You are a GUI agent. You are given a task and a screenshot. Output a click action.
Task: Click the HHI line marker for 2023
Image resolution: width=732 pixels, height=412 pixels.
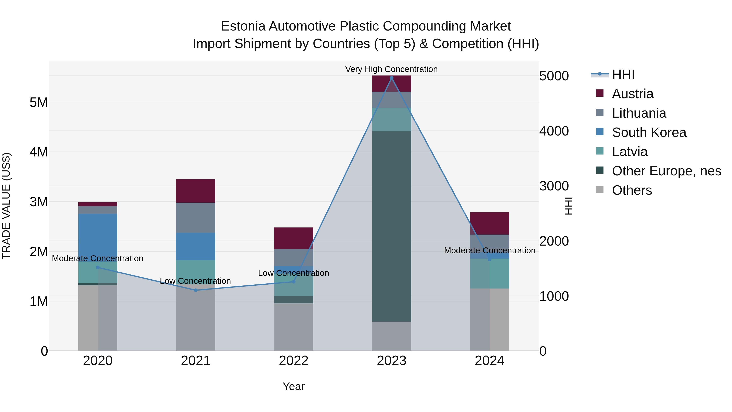392,78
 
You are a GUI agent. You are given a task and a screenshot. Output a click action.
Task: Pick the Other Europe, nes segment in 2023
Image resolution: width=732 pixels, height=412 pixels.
392,226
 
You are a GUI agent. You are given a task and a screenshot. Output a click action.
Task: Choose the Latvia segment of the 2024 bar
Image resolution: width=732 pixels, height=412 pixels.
489,273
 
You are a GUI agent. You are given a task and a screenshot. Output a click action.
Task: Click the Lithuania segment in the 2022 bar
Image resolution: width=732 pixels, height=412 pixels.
294,257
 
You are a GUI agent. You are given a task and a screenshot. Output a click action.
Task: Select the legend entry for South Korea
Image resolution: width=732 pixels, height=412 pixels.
649,132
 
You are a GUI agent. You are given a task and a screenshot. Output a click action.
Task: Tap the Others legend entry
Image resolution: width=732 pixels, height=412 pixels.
632,190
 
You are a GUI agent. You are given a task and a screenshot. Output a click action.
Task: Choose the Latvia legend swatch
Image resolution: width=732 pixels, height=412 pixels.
600,151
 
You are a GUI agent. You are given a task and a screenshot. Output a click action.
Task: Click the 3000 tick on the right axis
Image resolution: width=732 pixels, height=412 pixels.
554,186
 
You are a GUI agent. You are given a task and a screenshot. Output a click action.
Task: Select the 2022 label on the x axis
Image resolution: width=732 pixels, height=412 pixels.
294,361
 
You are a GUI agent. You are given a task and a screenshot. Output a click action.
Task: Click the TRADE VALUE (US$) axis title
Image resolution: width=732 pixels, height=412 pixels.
6,206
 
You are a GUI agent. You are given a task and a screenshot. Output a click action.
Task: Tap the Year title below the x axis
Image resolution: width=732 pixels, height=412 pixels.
294,386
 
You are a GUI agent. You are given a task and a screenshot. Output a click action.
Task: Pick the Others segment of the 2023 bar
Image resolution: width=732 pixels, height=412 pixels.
392,336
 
